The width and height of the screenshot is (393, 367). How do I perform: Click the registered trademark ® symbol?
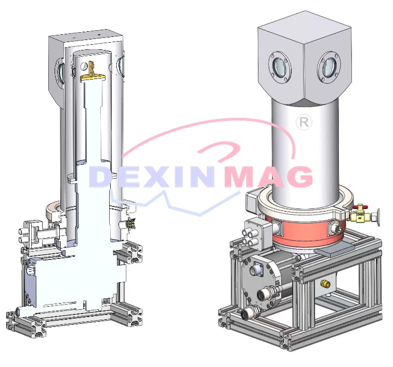[x=304, y=122]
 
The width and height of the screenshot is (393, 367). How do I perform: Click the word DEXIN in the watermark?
[x=151, y=176]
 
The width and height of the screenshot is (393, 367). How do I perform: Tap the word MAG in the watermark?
[x=268, y=176]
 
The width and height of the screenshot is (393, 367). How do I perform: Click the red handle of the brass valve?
[x=360, y=207]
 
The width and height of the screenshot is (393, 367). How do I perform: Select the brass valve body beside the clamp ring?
[x=358, y=216]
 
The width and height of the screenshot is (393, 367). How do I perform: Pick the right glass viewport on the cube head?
[x=329, y=67]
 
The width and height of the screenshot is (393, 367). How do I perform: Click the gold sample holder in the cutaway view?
[x=92, y=73]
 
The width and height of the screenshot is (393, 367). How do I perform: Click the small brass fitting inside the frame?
[x=325, y=283]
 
